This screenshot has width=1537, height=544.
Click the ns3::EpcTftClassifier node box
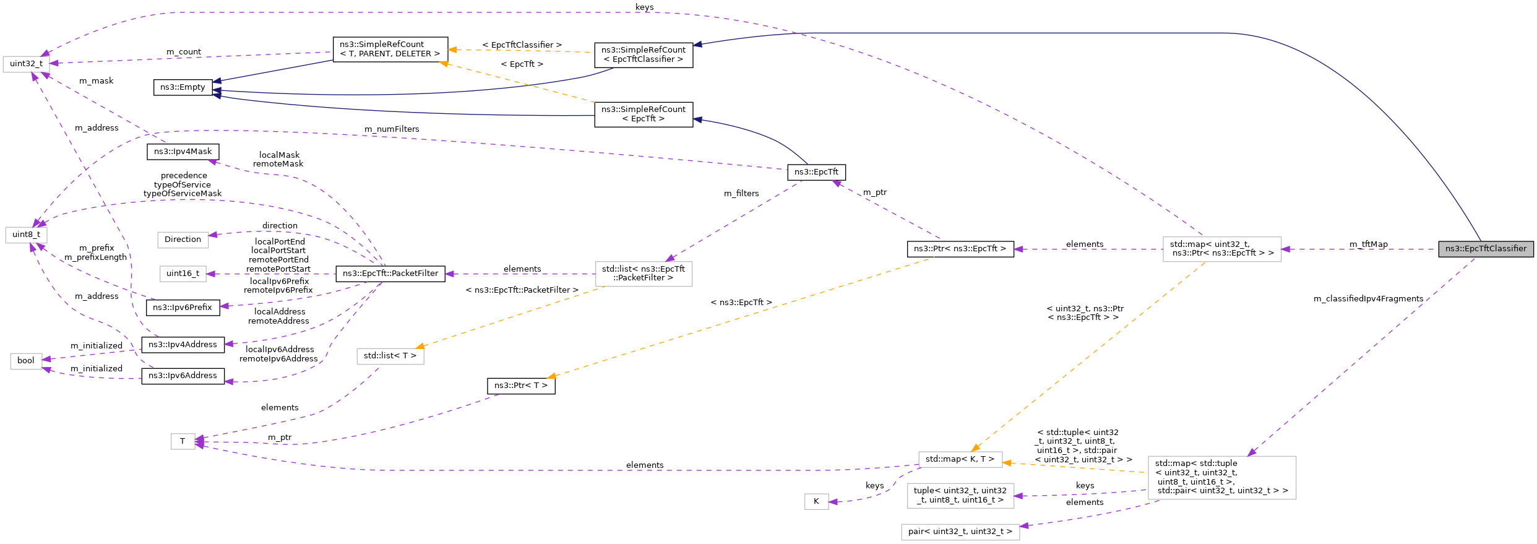coord(1486,249)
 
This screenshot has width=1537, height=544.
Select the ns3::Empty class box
coord(183,87)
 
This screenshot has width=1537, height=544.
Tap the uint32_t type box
coord(26,64)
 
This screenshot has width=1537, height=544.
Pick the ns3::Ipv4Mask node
coord(183,152)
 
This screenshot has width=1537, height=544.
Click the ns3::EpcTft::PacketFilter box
coord(390,274)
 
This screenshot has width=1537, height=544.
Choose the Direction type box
coord(183,240)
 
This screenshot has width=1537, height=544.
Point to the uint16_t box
coord(183,274)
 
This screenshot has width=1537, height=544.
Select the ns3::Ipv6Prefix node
coord(183,308)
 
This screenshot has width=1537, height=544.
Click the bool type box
coord(26,361)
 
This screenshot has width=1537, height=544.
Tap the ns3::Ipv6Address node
coord(183,376)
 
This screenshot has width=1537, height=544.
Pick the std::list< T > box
coord(390,356)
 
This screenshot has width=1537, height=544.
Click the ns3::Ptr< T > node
coord(520,386)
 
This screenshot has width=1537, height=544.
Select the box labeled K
coord(816,501)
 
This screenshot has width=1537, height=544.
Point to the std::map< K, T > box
coord(960,459)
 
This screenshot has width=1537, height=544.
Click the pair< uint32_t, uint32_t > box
coord(960,532)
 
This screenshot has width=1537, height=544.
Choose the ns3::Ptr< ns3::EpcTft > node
coord(960,249)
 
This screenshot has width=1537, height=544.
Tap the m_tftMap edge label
coord(1368,244)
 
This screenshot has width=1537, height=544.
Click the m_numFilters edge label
coord(392,129)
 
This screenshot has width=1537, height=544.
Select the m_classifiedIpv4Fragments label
coord(1368,299)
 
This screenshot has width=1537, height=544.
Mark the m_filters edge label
coord(741,194)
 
